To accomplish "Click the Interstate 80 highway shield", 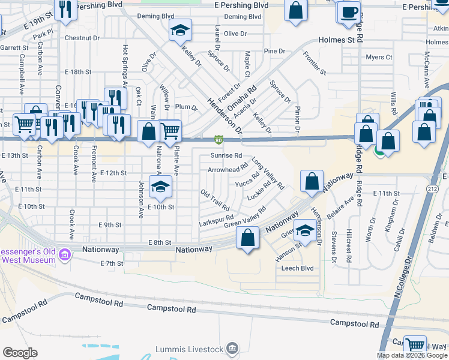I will coord(218,140).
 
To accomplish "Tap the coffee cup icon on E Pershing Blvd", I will coord(349,11).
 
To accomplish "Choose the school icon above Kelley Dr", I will coord(178,31).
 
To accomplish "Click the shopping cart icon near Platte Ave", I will coord(170,130).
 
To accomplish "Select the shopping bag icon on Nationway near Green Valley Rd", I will coord(248,238).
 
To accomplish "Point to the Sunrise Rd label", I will coord(226,155).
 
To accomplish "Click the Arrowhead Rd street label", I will coord(228,169).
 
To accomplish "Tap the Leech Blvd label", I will coord(298,268).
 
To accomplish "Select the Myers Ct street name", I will coord(379,58).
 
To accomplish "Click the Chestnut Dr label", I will coord(82,38).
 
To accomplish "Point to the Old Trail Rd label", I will coord(214,196).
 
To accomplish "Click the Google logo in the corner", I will coord(20,353).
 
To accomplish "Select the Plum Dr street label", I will coord(187,107).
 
